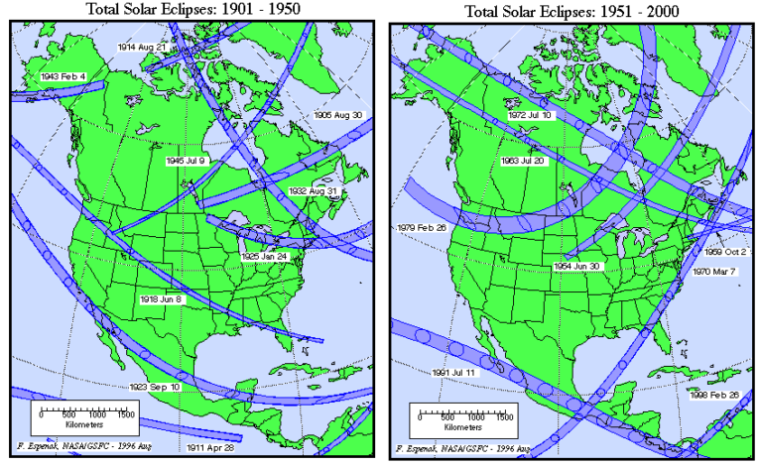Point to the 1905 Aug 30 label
pyautogui.click(x=337, y=115)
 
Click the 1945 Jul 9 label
pyautogui.click(x=186, y=160)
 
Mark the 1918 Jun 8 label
pyautogui.click(x=161, y=298)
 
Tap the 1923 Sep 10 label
pyautogui.click(x=155, y=386)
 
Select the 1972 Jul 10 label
pyautogui.click(x=531, y=116)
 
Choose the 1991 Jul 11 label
pyautogui.click(x=452, y=373)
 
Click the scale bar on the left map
pyautogui.click(x=88, y=415)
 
